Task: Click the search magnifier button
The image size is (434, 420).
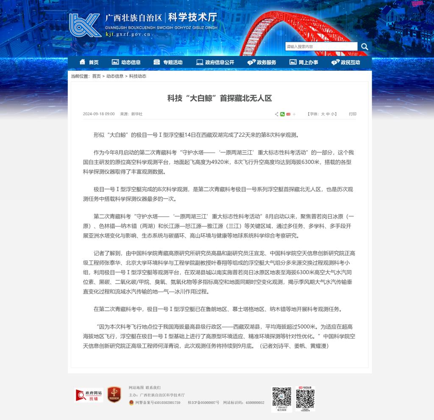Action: [364, 47]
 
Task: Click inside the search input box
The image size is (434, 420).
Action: [321, 47]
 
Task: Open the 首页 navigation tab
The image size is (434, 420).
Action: [89, 62]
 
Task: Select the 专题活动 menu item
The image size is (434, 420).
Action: [168, 62]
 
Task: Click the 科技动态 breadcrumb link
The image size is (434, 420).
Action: [138, 76]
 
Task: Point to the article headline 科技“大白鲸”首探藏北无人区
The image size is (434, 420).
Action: [220, 98]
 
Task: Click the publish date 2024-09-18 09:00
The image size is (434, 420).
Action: [99, 114]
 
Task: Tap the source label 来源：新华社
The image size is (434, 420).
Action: [131, 114]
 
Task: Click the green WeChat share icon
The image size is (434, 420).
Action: [282, 114]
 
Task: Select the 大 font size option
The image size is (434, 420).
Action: [323, 114]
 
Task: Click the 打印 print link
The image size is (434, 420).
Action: [353, 114]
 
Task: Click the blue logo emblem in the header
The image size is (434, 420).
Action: [85, 25]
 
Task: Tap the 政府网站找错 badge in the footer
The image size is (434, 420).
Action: [89, 395]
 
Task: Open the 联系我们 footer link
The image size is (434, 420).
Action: [153, 387]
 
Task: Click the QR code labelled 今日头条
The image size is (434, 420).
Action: [305, 399]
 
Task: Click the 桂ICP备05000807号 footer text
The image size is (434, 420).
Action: [203, 403]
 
